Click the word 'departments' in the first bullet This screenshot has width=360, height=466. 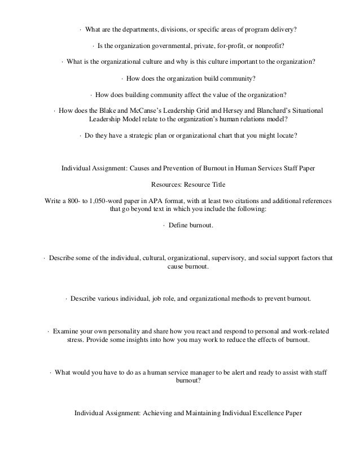[143, 29]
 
